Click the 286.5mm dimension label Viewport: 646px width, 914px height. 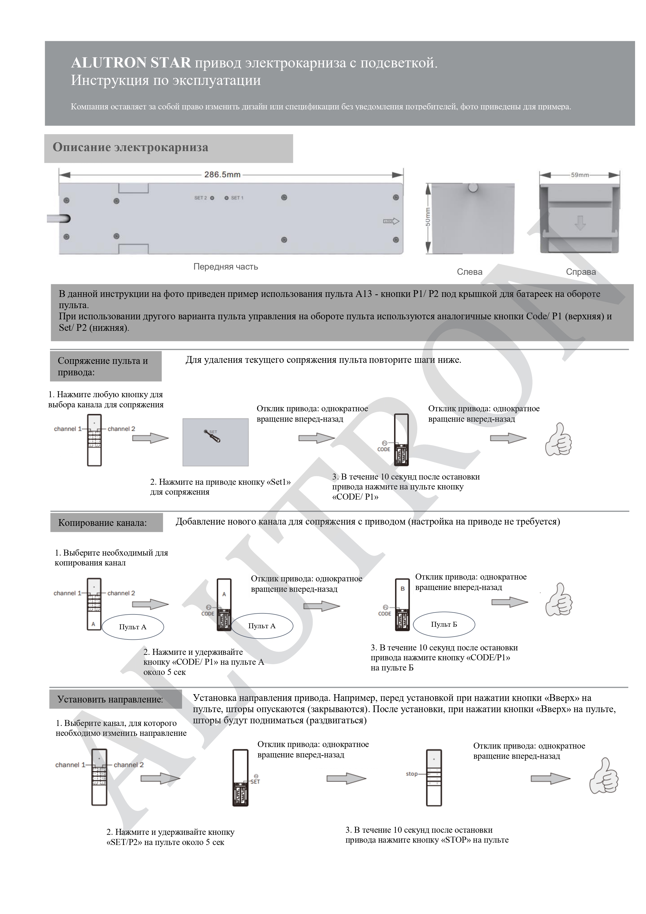pyautogui.click(x=222, y=174)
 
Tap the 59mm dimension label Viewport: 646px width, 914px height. pyautogui.click(x=580, y=175)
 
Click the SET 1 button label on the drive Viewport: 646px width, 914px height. pyautogui.click(x=236, y=198)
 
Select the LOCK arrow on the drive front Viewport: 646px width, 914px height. pyautogui.click(x=391, y=221)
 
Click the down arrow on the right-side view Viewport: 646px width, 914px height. pyautogui.click(x=580, y=223)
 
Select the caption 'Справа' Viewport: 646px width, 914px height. pyautogui.click(x=581, y=272)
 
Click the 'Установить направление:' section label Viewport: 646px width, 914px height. pyautogui.click(x=110, y=699)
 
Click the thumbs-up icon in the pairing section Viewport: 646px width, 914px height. pyautogui.click(x=559, y=439)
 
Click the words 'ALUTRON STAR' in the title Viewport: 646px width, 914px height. pyautogui.click(x=131, y=63)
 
